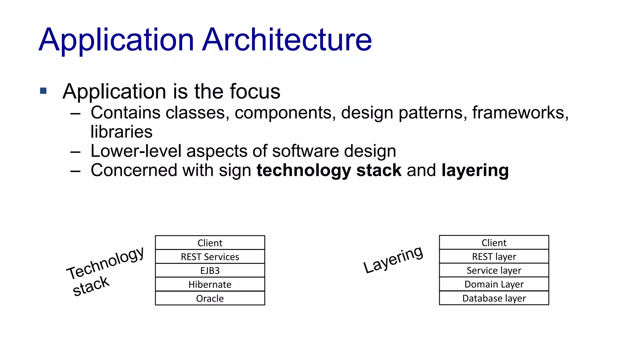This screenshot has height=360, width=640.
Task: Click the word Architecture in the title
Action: [287, 40]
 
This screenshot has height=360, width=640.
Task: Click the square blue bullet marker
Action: [43, 91]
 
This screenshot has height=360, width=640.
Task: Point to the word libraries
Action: [121, 132]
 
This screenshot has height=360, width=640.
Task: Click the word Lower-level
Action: [136, 151]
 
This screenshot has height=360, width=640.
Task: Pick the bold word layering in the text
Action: [475, 171]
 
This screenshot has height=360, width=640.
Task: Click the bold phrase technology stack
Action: [329, 171]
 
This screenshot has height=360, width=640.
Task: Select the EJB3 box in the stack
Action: [210, 270]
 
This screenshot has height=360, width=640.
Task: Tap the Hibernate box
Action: [210, 284]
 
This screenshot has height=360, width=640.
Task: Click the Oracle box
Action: [210, 298]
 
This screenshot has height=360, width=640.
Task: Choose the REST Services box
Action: [210, 257]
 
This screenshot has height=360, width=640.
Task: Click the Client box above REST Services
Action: [210, 243]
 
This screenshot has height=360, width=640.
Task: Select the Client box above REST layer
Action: [494, 242]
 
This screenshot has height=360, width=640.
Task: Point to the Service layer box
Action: [494, 270]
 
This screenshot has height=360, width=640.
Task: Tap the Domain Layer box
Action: [494, 284]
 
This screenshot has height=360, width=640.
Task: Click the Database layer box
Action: [494, 298]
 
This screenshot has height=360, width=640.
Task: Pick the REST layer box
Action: [494, 257]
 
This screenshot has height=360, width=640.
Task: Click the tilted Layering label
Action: [393, 259]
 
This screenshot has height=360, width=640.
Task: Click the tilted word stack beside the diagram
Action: [91, 286]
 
